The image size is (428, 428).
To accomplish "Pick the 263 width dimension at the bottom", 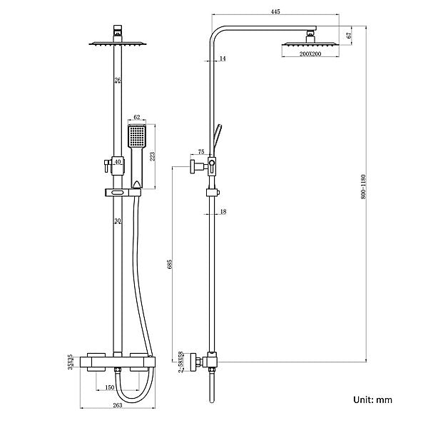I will tap(118, 406).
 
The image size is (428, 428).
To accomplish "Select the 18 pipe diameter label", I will tap(223, 212).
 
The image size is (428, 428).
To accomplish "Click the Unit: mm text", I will tap(373, 401).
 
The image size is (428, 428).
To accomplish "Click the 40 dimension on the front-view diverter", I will tap(117, 163).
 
